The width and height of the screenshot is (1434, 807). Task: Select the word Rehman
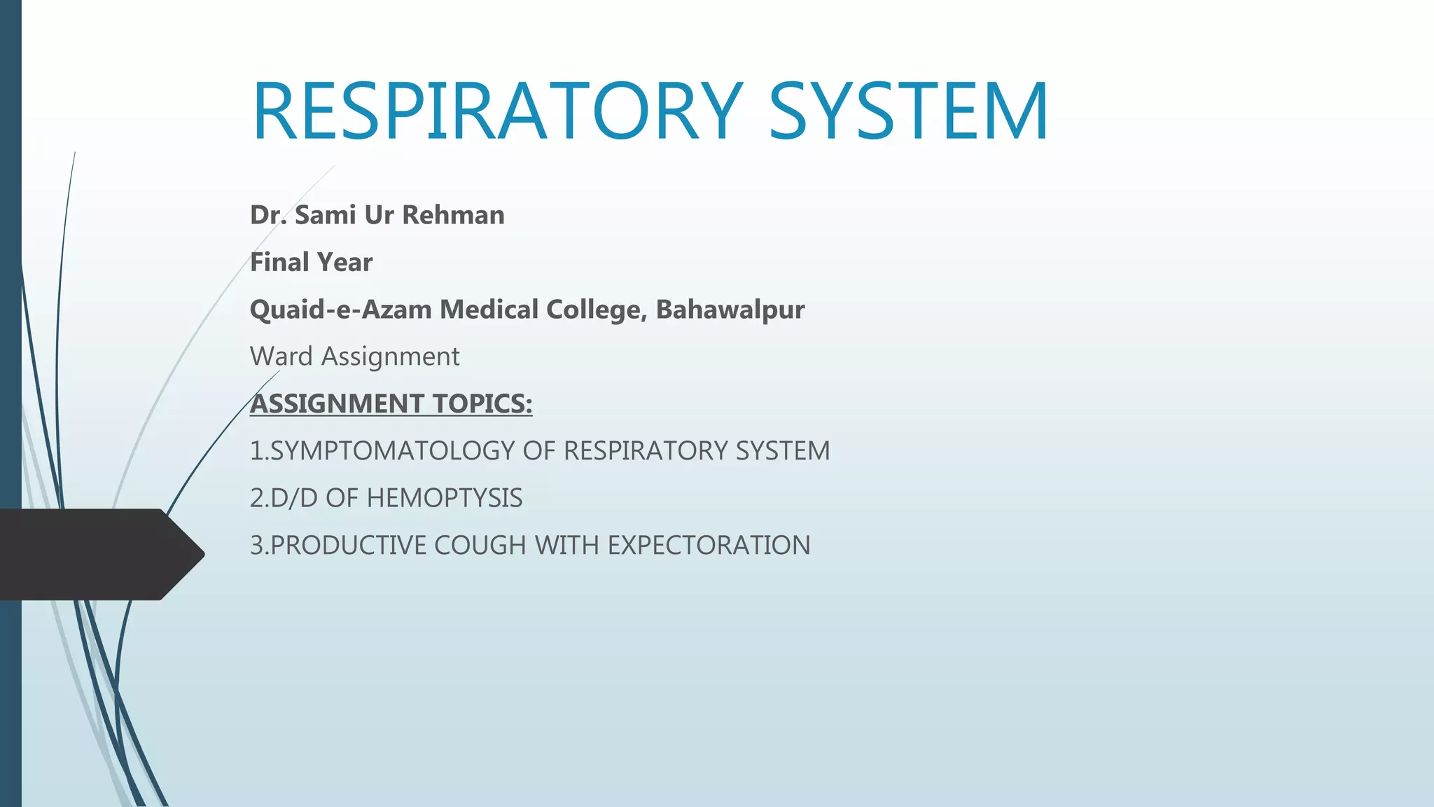(x=453, y=215)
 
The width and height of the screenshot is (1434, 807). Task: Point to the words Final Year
(x=311, y=263)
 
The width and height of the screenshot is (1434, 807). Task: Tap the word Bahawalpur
(x=730, y=310)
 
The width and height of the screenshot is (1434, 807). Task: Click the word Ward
(x=281, y=357)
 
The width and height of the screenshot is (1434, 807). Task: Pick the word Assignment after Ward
(x=390, y=357)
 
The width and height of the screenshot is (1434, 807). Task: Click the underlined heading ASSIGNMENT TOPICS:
(x=391, y=404)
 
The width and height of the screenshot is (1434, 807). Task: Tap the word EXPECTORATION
(x=709, y=546)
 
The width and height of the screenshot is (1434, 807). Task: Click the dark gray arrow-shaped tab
(x=98, y=554)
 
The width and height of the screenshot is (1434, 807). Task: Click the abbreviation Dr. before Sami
(x=268, y=215)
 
